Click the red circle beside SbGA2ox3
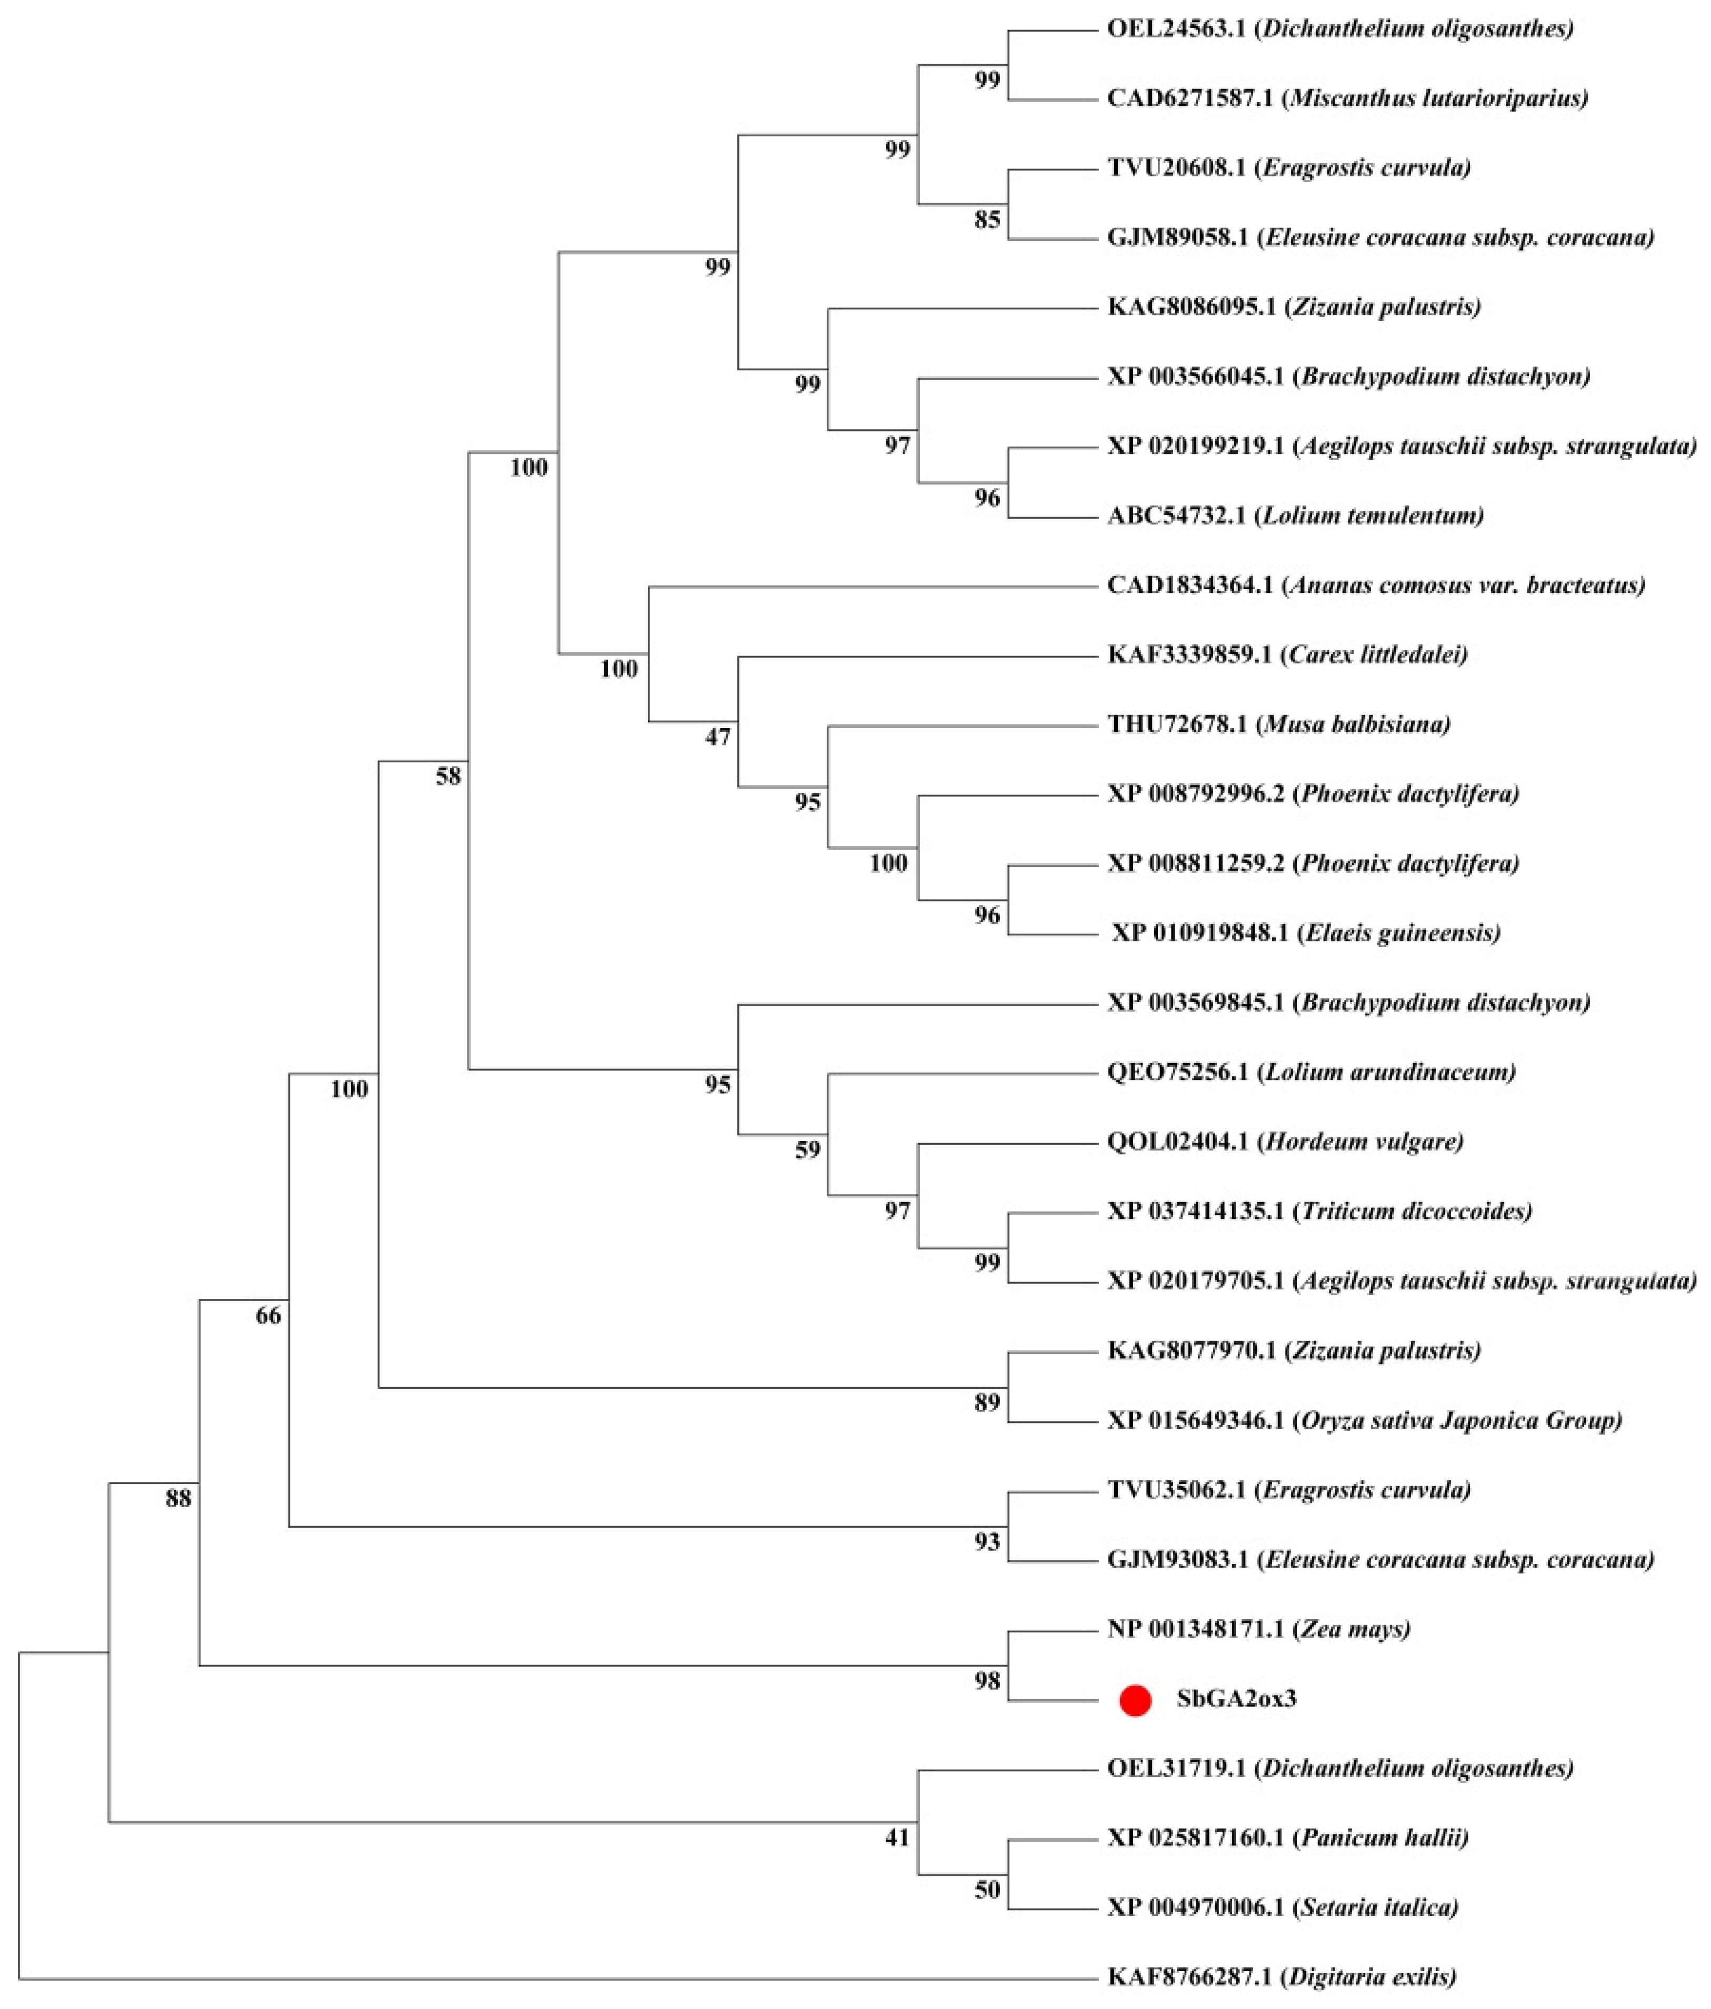[1135, 1700]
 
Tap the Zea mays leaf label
[1258, 1629]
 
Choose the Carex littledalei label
[1287, 654]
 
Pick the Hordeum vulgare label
[1285, 1141]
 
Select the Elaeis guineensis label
[1306, 933]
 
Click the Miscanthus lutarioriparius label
[1347, 98]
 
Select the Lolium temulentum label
[1295, 515]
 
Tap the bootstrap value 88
[178, 1499]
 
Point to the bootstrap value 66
[268, 1316]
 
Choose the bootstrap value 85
[987, 220]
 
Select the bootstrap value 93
[987, 1542]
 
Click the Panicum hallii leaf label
[1288, 1838]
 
